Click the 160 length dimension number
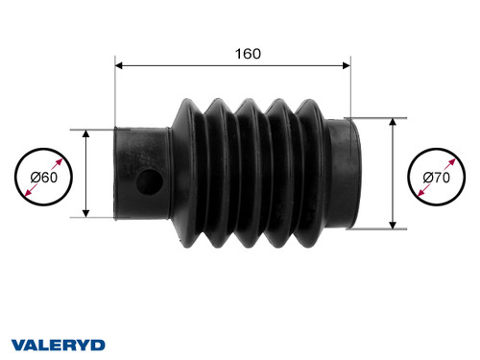click(248, 54)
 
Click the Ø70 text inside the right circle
click(439, 176)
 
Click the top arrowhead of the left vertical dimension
click(87, 134)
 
